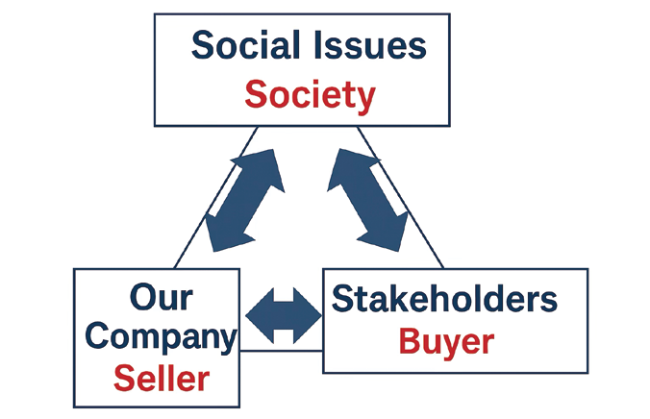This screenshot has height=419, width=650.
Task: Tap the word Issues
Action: pos(370,46)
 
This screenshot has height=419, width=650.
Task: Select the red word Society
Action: pos(309,95)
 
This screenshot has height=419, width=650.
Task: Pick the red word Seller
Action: pos(161,378)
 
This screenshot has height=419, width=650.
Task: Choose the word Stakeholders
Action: pos(443,300)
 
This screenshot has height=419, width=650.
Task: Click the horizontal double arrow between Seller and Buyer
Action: pos(285,314)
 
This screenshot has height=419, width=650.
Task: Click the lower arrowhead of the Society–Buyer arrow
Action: pos(392,231)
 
